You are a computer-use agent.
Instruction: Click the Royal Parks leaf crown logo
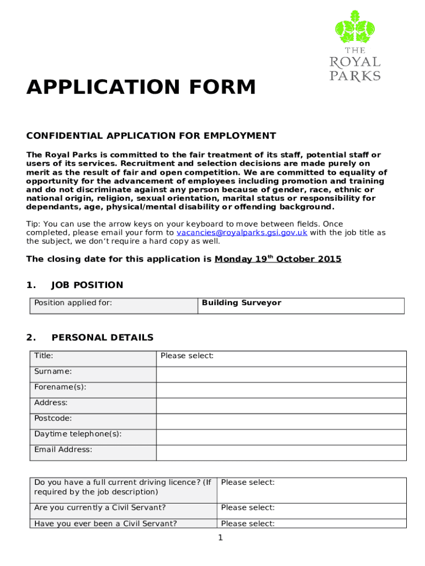pos(355,28)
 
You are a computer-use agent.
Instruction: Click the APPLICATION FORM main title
pos(141,87)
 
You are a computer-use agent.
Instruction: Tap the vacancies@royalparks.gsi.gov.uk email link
pos(242,233)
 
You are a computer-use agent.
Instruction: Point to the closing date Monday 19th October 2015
pos(278,259)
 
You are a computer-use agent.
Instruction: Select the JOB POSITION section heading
pos(87,285)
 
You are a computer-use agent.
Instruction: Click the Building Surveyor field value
pos(242,303)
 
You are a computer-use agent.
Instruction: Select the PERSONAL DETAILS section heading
pos(102,338)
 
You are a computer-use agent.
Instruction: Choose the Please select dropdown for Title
pos(187,356)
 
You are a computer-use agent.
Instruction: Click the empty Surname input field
pos(281,374)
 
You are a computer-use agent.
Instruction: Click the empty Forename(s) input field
pos(281,390)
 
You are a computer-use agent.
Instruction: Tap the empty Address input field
pos(281,406)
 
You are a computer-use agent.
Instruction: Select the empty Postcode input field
pos(281,421)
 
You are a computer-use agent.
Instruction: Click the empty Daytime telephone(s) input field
pos(281,437)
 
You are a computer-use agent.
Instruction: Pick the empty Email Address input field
pos(281,453)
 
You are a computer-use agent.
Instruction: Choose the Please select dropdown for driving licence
pos(248,483)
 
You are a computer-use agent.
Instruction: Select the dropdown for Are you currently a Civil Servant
pos(248,508)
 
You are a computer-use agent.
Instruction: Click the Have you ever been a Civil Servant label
pos(105,523)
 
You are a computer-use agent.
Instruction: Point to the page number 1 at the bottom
pos(220,538)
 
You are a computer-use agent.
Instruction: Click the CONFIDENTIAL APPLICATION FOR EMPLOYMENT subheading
pos(151,136)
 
